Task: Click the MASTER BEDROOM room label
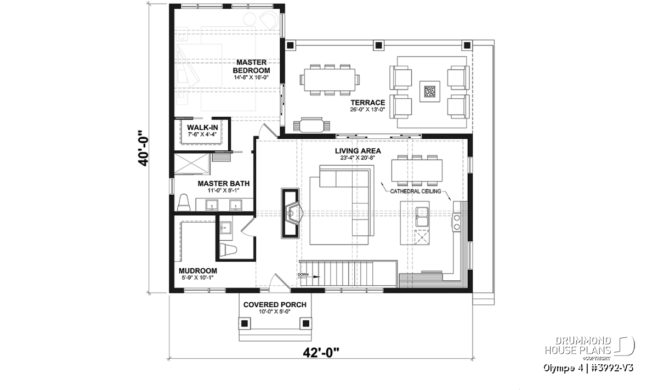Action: coord(251,66)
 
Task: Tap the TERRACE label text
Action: coord(367,103)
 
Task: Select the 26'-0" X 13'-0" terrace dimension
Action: coord(367,110)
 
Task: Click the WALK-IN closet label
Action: coord(202,128)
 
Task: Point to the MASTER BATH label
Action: coord(224,183)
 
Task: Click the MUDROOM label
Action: coord(198,270)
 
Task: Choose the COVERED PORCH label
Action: coord(275,305)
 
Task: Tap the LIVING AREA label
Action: coord(358,151)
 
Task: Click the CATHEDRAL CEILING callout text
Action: coord(416,191)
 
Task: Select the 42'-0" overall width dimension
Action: coord(321,353)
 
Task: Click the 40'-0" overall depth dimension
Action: coord(144,148)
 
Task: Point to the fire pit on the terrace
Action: coord(429,92)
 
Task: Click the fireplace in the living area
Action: coord(291,213)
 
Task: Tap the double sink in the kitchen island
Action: coord(422,217)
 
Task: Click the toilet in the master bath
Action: coord(184,202)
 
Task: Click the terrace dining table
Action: coord(330,80)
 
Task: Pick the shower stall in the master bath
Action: coord(192,163)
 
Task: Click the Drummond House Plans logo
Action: coord(589,348)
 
